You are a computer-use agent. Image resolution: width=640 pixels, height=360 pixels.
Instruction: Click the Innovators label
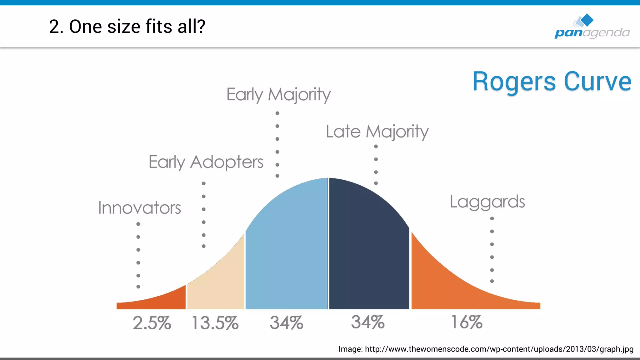[x=139, y=208]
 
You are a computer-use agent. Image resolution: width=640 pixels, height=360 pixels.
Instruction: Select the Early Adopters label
[x=206, y=162]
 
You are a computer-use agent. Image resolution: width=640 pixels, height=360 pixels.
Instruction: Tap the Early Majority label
[x=278, y=94]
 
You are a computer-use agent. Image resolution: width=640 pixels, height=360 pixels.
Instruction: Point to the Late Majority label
[x=377, y=132]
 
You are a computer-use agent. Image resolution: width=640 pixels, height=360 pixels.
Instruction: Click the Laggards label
[x=487, y=202]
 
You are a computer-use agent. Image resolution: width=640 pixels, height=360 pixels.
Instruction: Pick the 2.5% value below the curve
[x=152, y=323]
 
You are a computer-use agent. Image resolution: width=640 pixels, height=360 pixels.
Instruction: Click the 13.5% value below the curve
[x=215, y=323]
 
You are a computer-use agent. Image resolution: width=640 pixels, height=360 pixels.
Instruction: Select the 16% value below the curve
[x=467, y=322]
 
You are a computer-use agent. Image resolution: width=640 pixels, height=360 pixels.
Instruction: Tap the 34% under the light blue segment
[x=286, y=323]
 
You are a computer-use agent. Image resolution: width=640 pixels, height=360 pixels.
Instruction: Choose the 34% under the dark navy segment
[x=367, y=322]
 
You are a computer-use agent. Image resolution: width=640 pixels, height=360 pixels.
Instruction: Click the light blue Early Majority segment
[x=287, y=250]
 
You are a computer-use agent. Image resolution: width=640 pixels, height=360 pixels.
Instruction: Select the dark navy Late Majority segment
[x=369, y=250]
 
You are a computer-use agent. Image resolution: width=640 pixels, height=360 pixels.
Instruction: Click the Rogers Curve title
[x=552, y=82]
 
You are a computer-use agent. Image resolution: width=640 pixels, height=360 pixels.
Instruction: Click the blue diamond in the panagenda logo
[x=587, y=20]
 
